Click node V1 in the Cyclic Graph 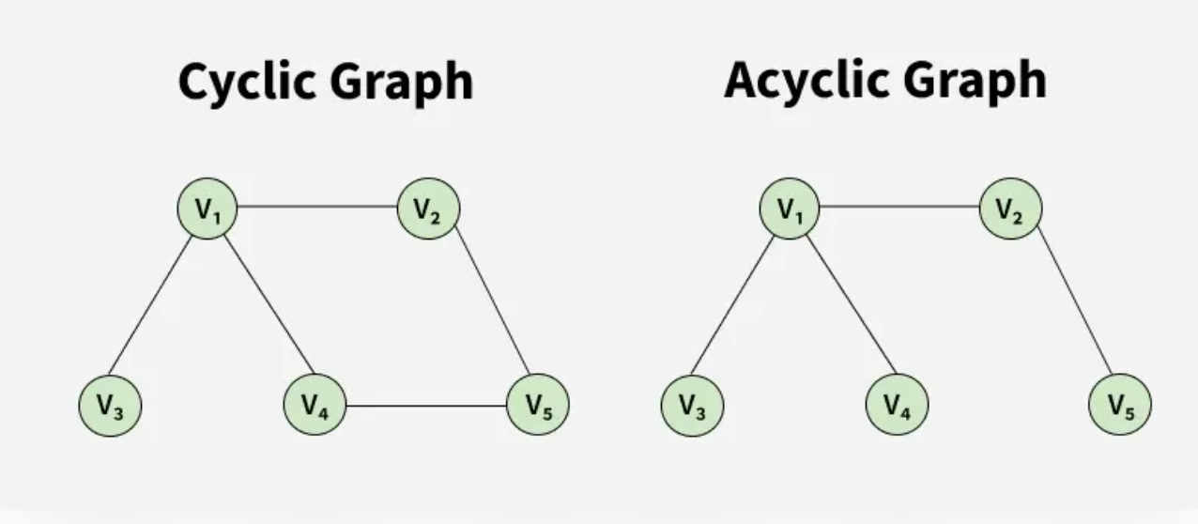coord(207,208)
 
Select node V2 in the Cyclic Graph coord(428,208)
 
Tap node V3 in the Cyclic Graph coord(110,406)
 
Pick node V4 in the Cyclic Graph coord(315,406)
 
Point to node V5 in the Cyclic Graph coord(537,406)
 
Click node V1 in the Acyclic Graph coord(790,208)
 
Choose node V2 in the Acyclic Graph coord(1010,208)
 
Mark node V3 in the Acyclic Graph coord(693,406)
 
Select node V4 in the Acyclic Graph coord(897,406)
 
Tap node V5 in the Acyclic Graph coord(1119,406)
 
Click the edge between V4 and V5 coord(426,406)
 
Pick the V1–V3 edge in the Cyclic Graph coord(151,304)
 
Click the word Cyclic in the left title coord(246,83)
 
